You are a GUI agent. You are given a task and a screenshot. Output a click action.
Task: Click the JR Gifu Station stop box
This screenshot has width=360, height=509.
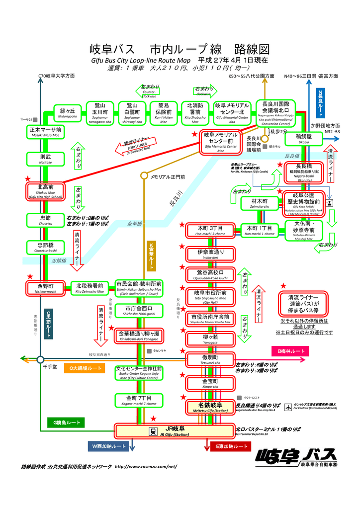(x=175, y=430)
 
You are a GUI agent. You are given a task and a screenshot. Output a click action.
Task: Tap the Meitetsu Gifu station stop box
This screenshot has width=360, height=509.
(x=210, y=407)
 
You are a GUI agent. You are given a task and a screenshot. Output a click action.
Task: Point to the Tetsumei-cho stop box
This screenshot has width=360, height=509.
(x=209, y=359)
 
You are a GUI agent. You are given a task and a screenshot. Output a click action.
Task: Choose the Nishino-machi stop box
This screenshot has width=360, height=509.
(x=46, y=288)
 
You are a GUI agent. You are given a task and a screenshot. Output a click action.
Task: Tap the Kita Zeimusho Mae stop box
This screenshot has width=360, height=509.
(x=90, y=288)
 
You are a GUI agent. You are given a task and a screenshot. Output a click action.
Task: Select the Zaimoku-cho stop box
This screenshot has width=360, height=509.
(x=260, y=203)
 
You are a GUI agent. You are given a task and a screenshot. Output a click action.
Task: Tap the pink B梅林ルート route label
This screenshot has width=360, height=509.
(x=291, y=351)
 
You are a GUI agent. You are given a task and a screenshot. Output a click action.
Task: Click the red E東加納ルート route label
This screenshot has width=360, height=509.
(x=231, y=446)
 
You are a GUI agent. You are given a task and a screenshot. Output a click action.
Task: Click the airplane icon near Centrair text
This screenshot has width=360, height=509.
(x=288, y=407)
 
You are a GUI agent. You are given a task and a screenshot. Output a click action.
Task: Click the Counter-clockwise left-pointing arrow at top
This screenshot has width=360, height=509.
(x=149, y=90)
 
